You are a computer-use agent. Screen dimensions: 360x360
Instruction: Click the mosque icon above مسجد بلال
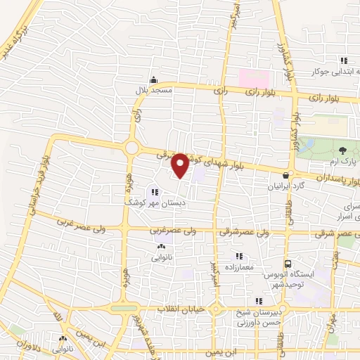tap(153, 79)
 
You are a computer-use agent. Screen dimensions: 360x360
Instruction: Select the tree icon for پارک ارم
tap(342, 150)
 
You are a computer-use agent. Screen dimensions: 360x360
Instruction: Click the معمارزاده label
tap(238, 266)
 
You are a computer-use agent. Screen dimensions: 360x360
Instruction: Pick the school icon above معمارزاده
tap(239, 255)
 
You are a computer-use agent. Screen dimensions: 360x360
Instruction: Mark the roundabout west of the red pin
tap(131, 148)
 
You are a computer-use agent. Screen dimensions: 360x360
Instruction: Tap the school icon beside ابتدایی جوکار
tap(344, 60)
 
